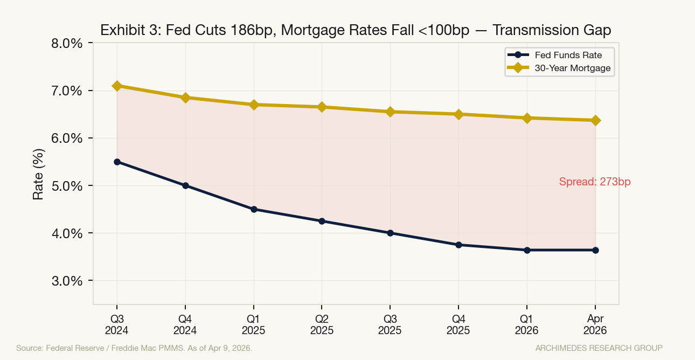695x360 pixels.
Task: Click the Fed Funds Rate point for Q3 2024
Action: (x=117, y=162)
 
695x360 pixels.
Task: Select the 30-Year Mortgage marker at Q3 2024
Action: (x=117, y=86)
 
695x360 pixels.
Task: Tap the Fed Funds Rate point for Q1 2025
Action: (x=254, y=209)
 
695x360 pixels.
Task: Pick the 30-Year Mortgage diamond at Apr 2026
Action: (x=595, y=120)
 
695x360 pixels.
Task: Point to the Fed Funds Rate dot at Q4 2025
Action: (x=458, y=245)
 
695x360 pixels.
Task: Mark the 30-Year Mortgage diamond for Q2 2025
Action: (x=322, y=107)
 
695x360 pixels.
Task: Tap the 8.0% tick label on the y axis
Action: (x=67, y=43)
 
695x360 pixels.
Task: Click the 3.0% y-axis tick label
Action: (x=67, y=281)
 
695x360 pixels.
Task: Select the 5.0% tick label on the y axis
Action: (x=67, y=186)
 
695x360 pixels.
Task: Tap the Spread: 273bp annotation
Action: (x=595, y=182)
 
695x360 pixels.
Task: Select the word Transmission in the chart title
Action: (x=531, y=30)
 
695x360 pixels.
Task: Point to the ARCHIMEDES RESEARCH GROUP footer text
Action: (x=599, y=348)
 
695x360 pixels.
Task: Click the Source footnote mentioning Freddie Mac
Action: (x=134, y=348)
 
